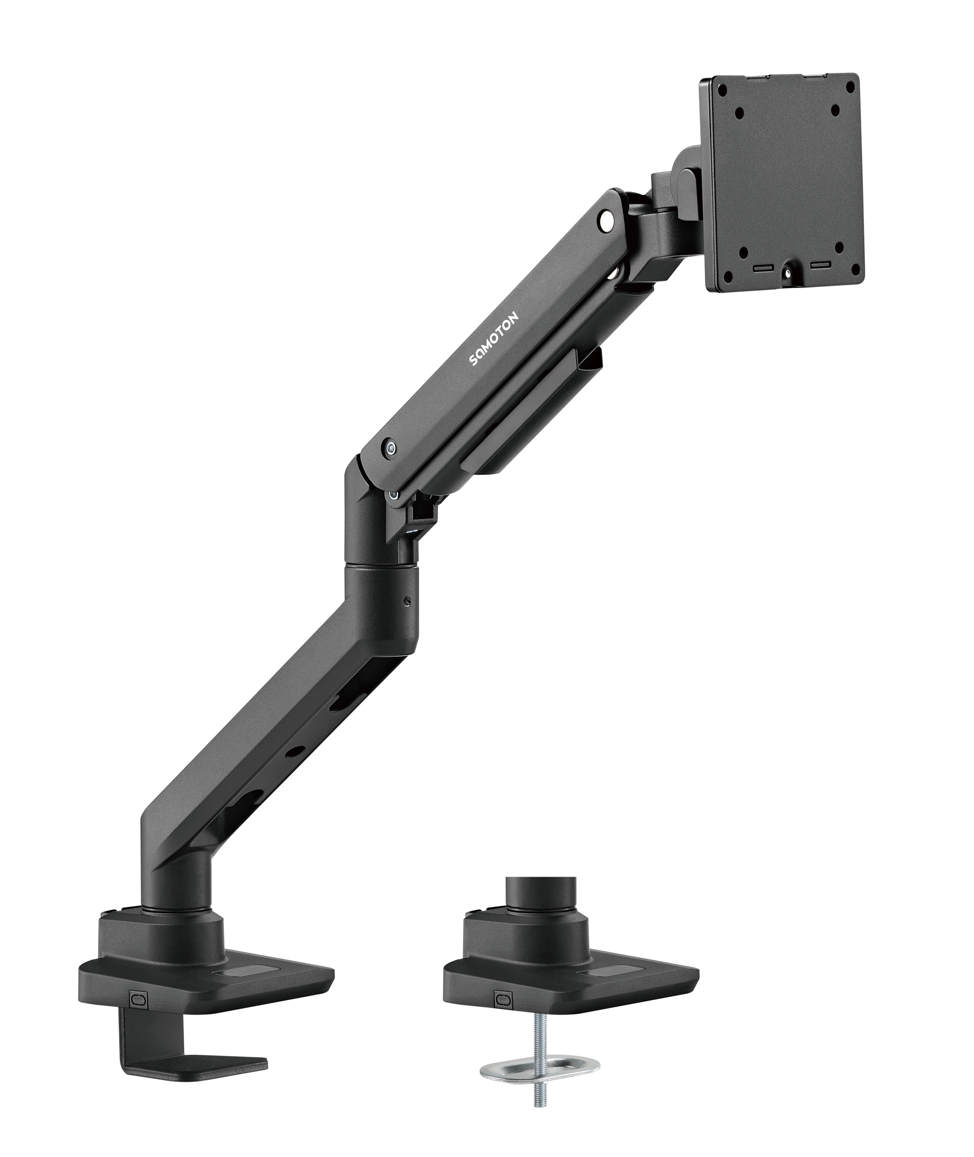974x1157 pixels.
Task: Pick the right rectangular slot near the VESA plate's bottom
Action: pos(820,265)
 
